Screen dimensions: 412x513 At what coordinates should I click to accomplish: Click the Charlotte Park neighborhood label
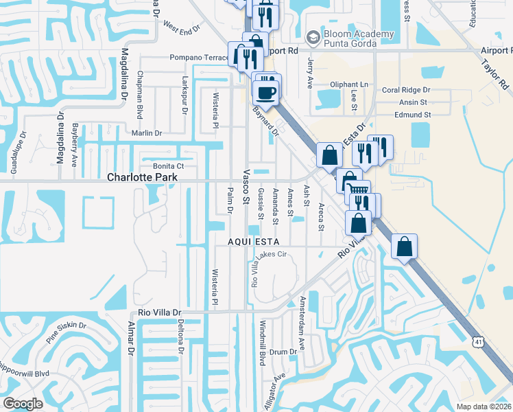143,177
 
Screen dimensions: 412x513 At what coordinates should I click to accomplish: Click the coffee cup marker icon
265,91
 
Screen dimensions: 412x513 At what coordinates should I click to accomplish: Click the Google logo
23,404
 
